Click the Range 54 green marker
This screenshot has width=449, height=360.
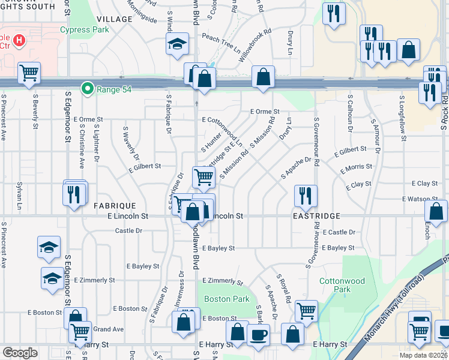pyautogui.click(x=88, y=89)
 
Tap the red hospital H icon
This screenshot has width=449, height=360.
pyautogui.click(x=19, y=41)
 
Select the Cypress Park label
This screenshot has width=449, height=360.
pyautogui.click(x=84, y=29)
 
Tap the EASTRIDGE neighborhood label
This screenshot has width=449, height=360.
pyautogui.click(x=316, y=215)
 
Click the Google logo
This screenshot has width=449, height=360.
pyautogui.click(x=20, y=353)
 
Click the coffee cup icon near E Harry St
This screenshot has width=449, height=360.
pyautogui.click(x=259, y=334)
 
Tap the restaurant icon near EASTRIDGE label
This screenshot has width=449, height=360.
pyautogui.click(x=306, y=195)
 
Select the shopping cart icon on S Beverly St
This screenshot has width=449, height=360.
pyautogui.click(x=29, y=73)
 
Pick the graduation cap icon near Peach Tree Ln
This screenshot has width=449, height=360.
pyautogui.click(x=177, y=44)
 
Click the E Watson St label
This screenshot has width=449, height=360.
pyautogui.click(x=424, y=199)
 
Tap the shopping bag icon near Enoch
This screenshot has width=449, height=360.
pyautogui.click(x=436, y=211)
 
